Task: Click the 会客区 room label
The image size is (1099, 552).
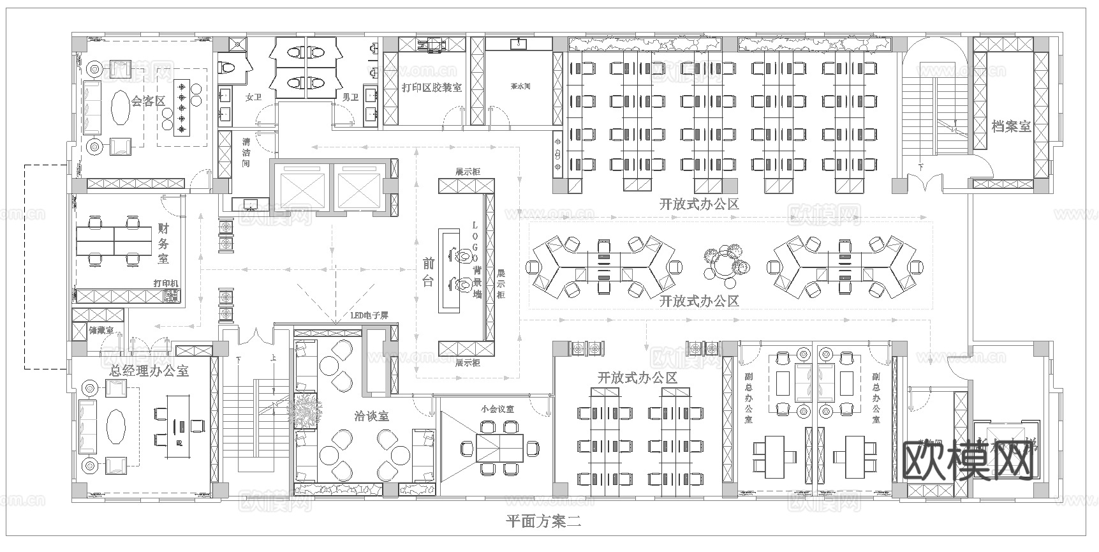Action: click(x=148, y=101)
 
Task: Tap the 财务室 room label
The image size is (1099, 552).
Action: click(x=164, y=243)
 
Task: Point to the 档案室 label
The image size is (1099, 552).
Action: click(x=1011, y=126)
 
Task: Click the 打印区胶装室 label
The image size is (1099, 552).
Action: click(x=432, y=87)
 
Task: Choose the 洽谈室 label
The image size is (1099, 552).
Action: click(x=371, y=416)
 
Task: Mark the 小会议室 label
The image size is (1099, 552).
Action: click(x=498, y=409)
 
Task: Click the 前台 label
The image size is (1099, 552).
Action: click(x=428, y=272)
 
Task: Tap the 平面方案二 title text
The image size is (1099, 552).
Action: click(x=543, y=521)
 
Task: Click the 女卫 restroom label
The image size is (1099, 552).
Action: click(x=253, y=97)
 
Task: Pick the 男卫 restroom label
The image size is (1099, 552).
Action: click(x=350, y=97)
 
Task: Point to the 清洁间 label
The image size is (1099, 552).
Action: click(x=246, y=153)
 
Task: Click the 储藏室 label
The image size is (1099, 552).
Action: click(x=101, y=331)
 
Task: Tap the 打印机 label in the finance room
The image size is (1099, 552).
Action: click(x=166, y=283)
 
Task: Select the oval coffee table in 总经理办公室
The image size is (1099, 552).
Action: click(x=116, y=426)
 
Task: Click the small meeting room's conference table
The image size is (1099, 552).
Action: click(x=501, y=449)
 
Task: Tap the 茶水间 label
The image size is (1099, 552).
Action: click(x=520, y=87)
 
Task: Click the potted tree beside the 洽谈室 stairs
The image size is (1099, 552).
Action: click(x=304, y=409)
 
